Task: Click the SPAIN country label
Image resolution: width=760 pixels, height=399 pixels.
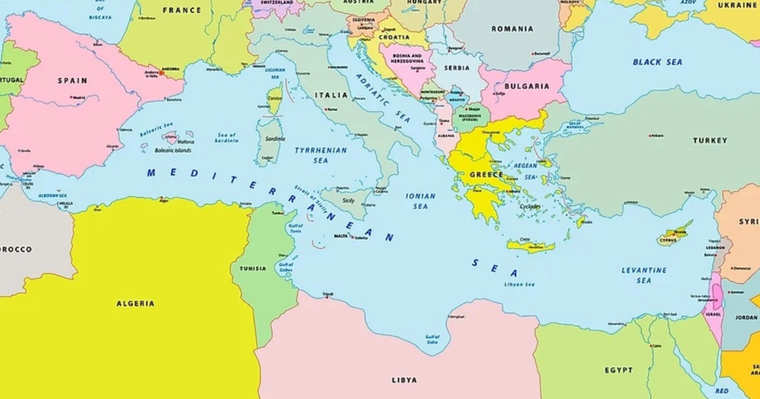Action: pyautogui.click(x=72, y=81)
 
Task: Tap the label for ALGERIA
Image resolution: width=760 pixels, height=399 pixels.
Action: pyautogui.click(x=135, y=304)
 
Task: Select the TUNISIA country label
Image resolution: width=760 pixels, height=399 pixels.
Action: pyautogui.click(x=253, y=269)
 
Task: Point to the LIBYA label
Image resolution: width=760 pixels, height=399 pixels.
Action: pyautogui.click(x=404, y=380)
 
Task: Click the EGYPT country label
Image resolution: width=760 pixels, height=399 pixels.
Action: pyautogui.click(x=618, y=370)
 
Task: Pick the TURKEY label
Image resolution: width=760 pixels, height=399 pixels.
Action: pyautogui.click(x=710, y=141)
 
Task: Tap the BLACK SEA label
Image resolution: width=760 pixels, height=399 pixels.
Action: pyautogui.click(x=657, y=63)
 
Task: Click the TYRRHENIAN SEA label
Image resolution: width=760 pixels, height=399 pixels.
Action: pyautogui.click(x=320, y=155)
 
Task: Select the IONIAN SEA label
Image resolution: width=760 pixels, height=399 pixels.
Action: pyautogui.click(x=421, y=201)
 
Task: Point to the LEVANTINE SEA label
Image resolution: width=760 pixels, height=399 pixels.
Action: pyautogui.click(x=643, y=275)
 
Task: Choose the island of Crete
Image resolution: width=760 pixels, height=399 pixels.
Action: pyautogui.click(x=531, y=246)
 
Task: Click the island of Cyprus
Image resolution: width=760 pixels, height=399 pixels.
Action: pyautogui.click(x=673, y=236)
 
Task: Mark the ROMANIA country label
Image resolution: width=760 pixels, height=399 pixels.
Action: pyautogui.click(x=512, y=29)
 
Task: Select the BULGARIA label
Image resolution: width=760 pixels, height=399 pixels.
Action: pyautogui.click(x=528, y=86)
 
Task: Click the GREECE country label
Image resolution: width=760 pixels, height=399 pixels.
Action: pyautogui.click(x=486, y=175)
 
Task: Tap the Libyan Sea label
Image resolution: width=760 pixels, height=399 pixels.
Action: pyautogui.click(x=519, y=285)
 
